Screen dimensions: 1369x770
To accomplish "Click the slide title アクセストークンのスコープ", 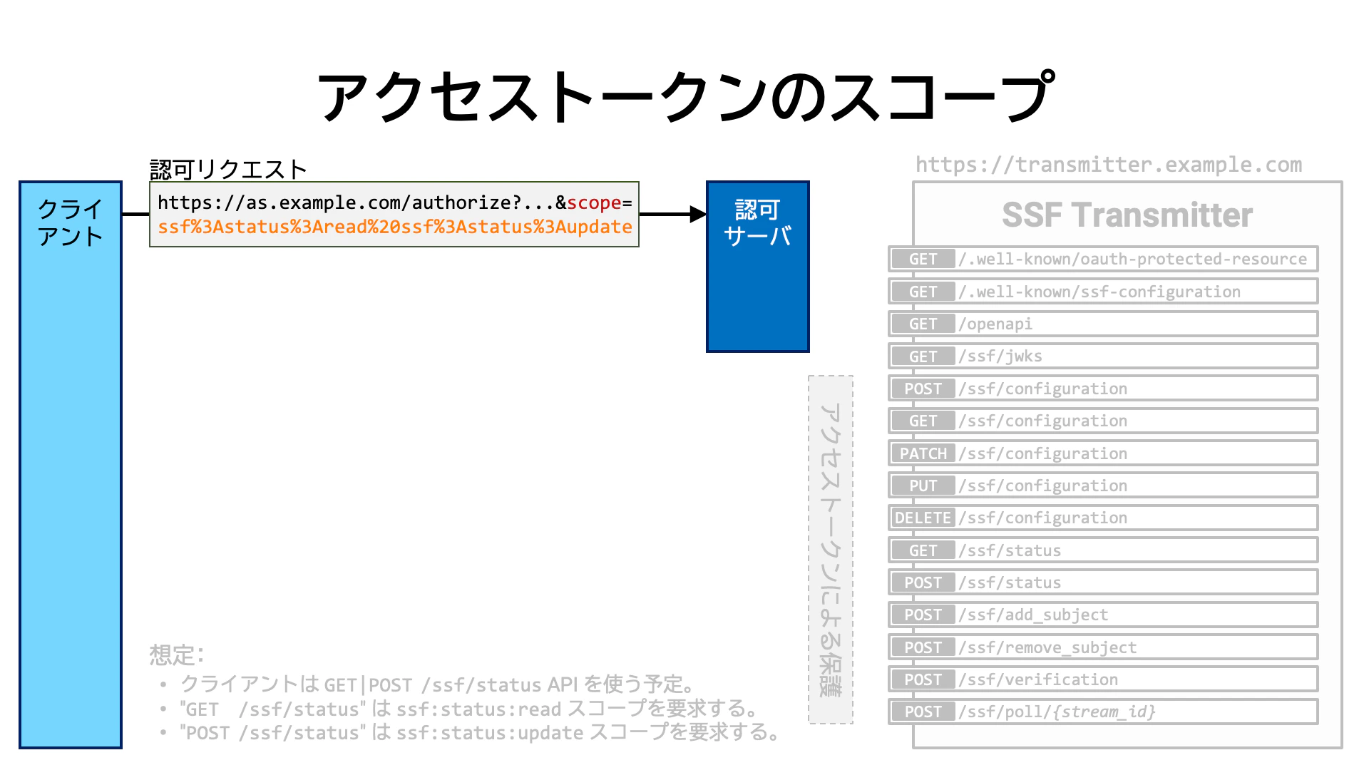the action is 684,96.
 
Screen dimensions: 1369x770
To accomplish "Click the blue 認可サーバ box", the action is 757,267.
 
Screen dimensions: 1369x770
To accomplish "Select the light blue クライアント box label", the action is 70,222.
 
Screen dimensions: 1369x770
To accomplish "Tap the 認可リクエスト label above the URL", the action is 228,169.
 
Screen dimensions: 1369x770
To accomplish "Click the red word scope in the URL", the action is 594,203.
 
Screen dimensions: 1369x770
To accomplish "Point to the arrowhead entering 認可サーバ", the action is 698,214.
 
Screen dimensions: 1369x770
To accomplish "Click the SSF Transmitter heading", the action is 1127,215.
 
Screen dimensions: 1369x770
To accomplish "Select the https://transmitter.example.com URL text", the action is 1109,165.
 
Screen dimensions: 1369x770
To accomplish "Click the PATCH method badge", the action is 923,453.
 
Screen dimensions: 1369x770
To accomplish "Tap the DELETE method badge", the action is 923,518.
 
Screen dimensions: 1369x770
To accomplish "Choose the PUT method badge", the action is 923,486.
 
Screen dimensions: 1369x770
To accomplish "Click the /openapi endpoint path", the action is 995,324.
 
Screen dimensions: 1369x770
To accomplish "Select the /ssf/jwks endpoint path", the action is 1000,356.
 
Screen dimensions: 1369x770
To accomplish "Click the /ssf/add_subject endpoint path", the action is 1033,615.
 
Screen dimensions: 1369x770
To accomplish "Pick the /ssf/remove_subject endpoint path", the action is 1047,647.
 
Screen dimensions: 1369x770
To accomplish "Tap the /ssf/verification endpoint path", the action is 1038,679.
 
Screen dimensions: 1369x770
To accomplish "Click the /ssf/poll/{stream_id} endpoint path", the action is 1057,712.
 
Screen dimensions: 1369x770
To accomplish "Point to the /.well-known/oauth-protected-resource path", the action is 1133,260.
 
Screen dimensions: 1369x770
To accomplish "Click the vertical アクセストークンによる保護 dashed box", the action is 831,550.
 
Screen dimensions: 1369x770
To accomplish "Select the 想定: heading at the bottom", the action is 177,654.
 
